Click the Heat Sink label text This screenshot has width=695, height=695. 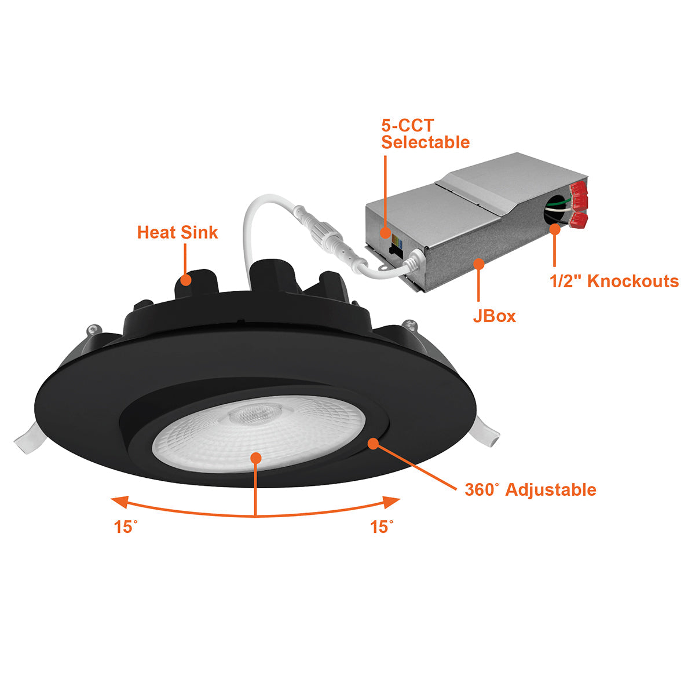tap(177, 232)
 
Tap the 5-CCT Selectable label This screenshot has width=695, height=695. tap(425, 134)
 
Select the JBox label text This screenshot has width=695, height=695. tap(495, 316)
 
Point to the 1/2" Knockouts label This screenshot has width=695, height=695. tap(614, 281)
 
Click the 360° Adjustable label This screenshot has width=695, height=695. tap(531, 490)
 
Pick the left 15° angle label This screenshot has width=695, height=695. tap(126, 526)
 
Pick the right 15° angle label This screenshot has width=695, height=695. tap(382, 526)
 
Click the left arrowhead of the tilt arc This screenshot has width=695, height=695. tap(120, 502)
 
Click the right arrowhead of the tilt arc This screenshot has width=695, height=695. tap(392, 502)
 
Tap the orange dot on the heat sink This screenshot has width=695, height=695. tap(185, 280)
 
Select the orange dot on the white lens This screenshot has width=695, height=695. tap(256, 458)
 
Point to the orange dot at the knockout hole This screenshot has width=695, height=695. tap(555, 229)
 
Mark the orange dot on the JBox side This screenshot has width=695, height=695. tap(478, 264)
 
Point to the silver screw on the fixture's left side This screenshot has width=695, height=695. tap(92, 330)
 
